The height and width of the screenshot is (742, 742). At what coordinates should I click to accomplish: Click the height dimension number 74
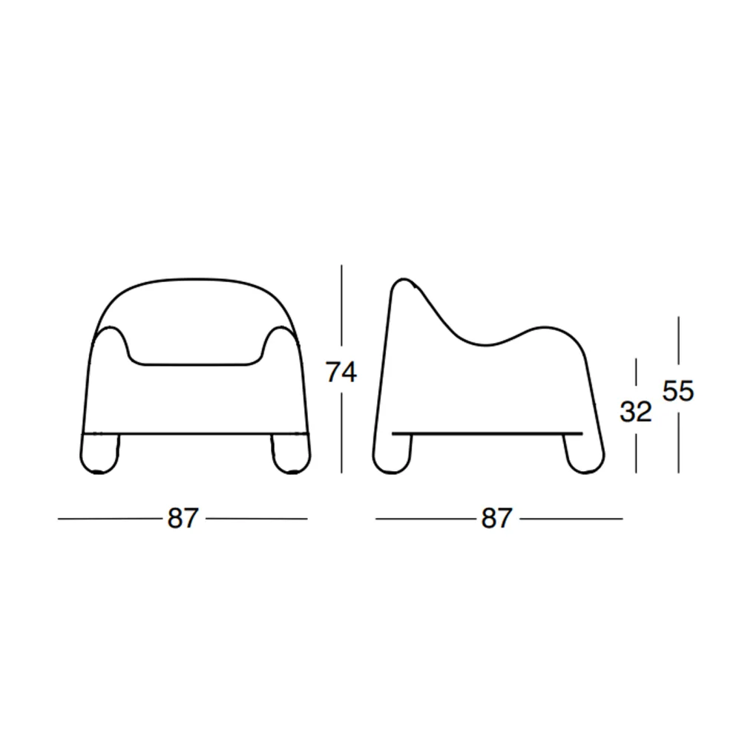pyautogui.click(x=341, y=372)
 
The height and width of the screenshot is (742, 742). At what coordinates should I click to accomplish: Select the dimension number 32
pyautogui.click(x=636, y=412)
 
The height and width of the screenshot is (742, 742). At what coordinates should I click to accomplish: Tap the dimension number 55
pyautogui.click(x=677, y=391)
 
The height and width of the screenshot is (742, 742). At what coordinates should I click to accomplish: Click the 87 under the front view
pyautogui.click(x=183, y=518)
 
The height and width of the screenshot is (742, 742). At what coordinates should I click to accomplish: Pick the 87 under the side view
pyautogui.click(x=496, y=518)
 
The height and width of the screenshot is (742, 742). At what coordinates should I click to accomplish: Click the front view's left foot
pyautogui.click(x=99, y=454)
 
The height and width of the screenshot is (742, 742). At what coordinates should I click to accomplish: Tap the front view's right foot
pyautogui.click(x=291, y=454)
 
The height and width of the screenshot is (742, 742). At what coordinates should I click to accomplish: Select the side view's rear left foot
pyautogui.click(x=392, y=454)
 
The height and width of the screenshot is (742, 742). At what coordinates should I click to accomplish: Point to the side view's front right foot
pyautogui.click(x=585, y=454)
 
